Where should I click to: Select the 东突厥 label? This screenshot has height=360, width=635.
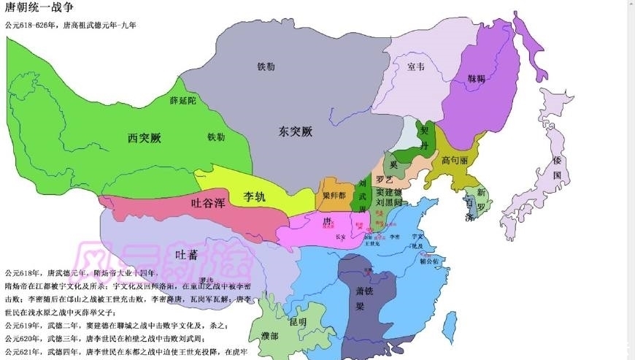click(296, 132)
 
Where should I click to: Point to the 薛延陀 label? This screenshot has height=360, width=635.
click(182, 102)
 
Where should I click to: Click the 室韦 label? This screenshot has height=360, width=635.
click(416, 66)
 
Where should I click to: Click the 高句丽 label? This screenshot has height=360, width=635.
click(454, 159)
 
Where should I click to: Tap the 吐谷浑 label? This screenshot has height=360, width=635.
click(207, 204)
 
